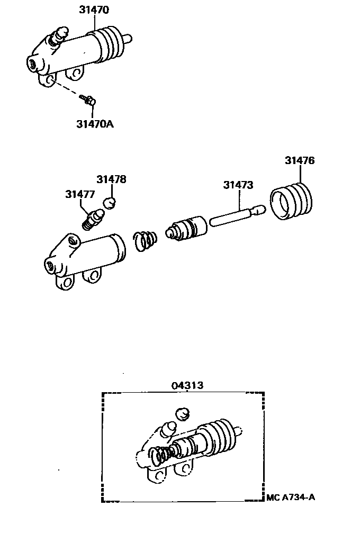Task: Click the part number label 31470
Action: pos(94,9)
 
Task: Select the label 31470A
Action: pos(95,125)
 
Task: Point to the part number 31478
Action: pos(111,179)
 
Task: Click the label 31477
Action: pos(80,194)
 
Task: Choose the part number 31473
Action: pos(238,185)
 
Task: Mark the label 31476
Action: pos(300,160)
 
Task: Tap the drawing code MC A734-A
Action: pos(292,497)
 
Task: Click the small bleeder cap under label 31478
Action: pos(110,202)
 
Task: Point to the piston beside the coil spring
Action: pos(186,229)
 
